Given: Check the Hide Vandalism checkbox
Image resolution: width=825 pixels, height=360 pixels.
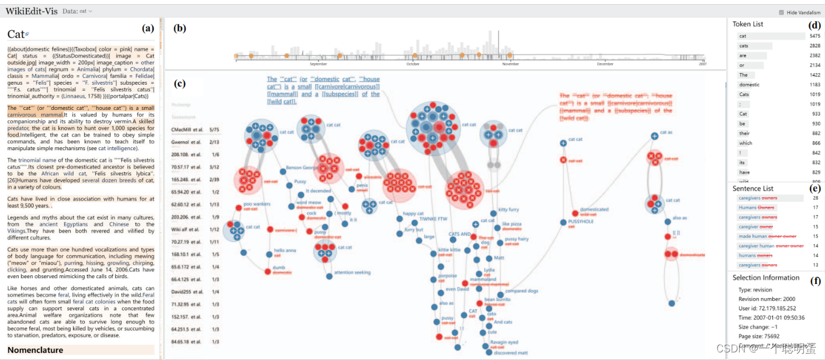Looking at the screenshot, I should tap(781, 12).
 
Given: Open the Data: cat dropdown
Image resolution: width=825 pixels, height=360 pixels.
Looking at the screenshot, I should tap(78, 11).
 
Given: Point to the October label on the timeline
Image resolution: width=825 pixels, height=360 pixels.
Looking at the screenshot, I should tap(412, 64).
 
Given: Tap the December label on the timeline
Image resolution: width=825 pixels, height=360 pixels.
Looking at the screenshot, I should tap(605, 64).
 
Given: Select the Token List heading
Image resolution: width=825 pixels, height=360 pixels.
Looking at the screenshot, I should tap(756, 24).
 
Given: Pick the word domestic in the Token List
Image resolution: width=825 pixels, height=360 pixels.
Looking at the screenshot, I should tap(750, 85).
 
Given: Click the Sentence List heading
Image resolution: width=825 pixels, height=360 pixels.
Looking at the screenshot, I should tap(753, 189).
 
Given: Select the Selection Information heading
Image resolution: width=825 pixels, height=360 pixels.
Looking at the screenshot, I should tap(765, 278).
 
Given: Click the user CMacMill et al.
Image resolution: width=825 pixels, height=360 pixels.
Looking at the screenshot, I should tap(187, 128).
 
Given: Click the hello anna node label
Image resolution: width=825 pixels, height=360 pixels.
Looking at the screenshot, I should tap(285, 251).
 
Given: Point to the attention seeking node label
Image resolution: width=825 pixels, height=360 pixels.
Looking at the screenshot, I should tap(352, 273).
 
